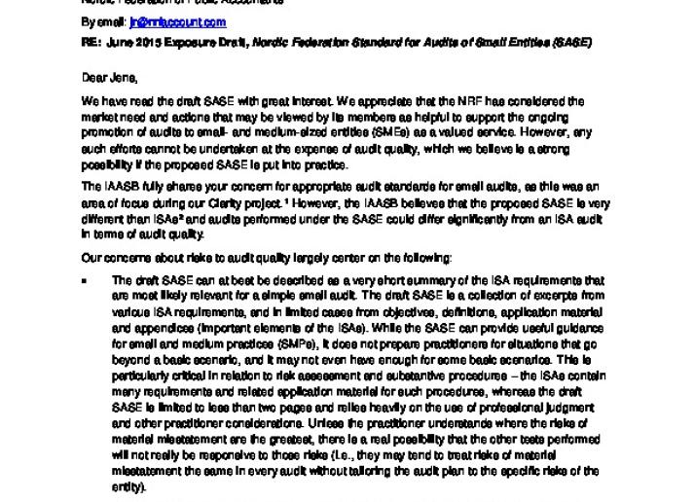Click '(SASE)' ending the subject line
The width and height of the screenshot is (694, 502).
pyautogui.click(x=572, y=44)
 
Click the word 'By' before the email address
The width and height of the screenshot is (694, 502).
pyautogui.click(x=88, y=22)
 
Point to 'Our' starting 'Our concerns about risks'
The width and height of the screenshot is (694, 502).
pyautogui.click(x=91, y=258)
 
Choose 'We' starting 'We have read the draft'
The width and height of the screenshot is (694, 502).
pyautogui.click(x=89, y=100)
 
